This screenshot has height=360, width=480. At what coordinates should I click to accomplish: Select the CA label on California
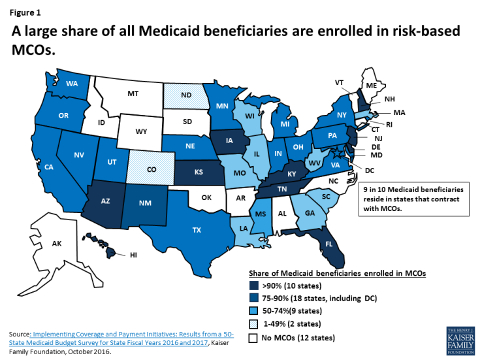coord(48,167)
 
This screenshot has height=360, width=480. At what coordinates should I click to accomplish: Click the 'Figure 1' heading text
coord(23,10)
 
